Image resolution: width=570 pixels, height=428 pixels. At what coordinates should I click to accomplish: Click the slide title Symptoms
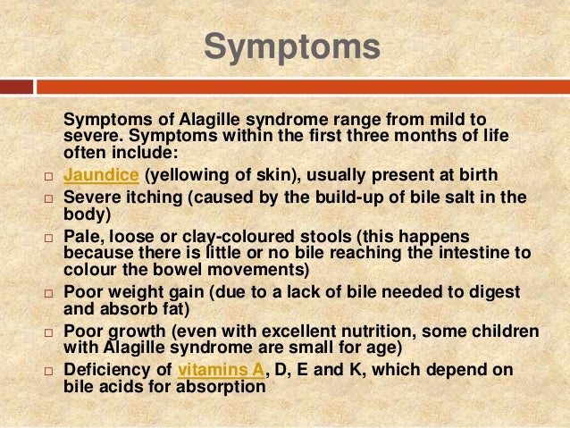click(290, 46)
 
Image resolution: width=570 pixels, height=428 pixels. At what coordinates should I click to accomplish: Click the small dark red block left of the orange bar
click(16, 88)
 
